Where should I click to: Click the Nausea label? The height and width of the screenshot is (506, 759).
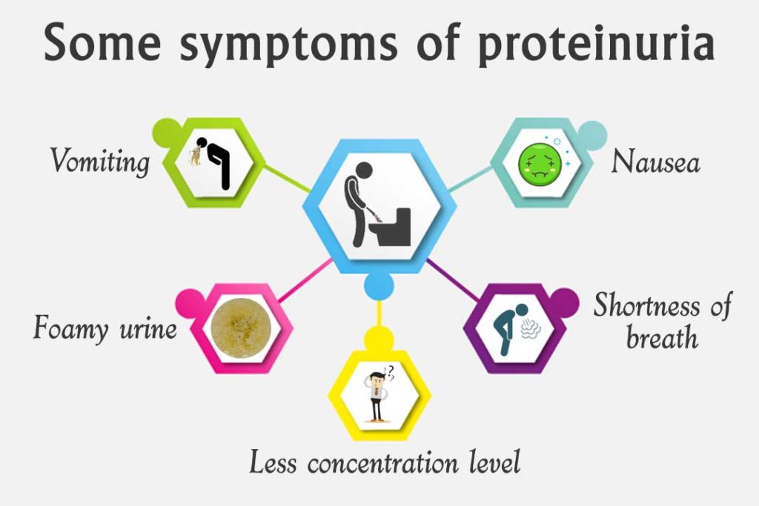(655, 162)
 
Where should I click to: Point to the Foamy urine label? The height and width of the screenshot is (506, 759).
(105, 327)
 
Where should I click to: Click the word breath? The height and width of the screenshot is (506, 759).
(662, 338)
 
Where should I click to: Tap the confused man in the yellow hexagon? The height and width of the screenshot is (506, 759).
(377, 396)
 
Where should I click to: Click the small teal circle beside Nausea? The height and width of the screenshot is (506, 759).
(593, 136)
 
